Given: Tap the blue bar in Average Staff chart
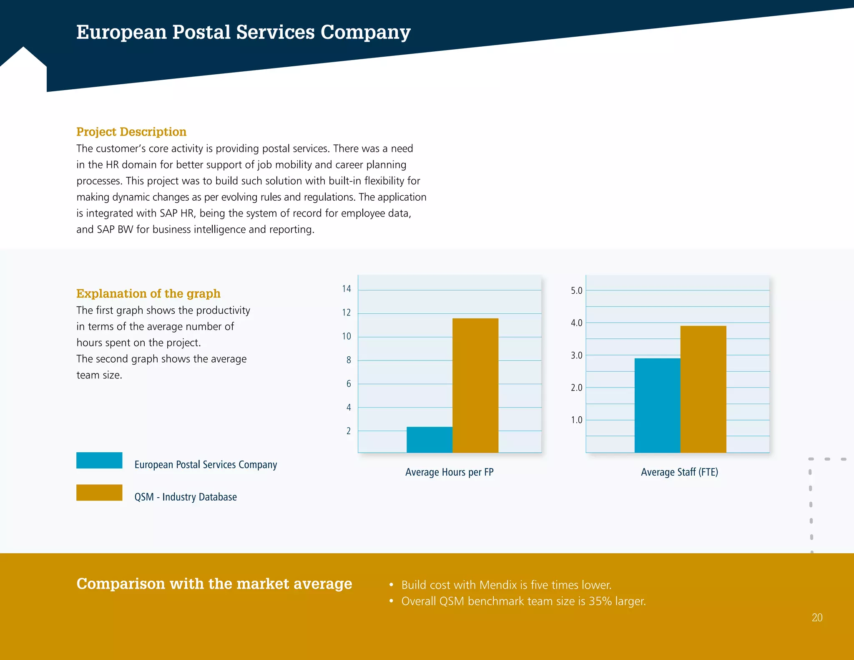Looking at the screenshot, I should pyautogui.click(x=657, y=405).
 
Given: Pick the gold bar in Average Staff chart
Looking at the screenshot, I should pyautogui.click(x=703, y=389).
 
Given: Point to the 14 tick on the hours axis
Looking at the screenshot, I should pyautogui.click(x=347, y=289).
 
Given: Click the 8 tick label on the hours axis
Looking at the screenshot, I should pyautogui.click(x=349, y=360).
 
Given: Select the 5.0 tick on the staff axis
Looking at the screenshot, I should pyautogui.click(x=576, y=290).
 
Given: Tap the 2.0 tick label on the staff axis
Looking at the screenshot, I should pyautogui.click(x=576, y=388).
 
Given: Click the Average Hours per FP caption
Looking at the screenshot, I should pyautogui.click(x=449, y=472).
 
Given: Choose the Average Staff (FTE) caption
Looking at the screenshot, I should pyautogui.click(x=679, y=472).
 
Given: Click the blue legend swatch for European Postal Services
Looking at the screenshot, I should pyautogui.click(x=99, y=460).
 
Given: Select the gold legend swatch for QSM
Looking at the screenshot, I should pyautogui.click(x=99, y=492).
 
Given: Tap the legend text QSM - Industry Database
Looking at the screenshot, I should pyautogui.click(x=186, y=497).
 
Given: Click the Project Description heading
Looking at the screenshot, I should pyautogui.click(x=131, y=132).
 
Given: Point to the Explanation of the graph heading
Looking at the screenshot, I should pyautogui.click(x=148, y=294).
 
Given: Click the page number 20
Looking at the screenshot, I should pyautogui.click(x=817, y=617).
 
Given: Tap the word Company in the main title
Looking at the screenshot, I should pyautogui.click(x=365, y=33).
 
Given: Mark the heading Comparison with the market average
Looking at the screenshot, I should pyautogui.click(x=214, y=584).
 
